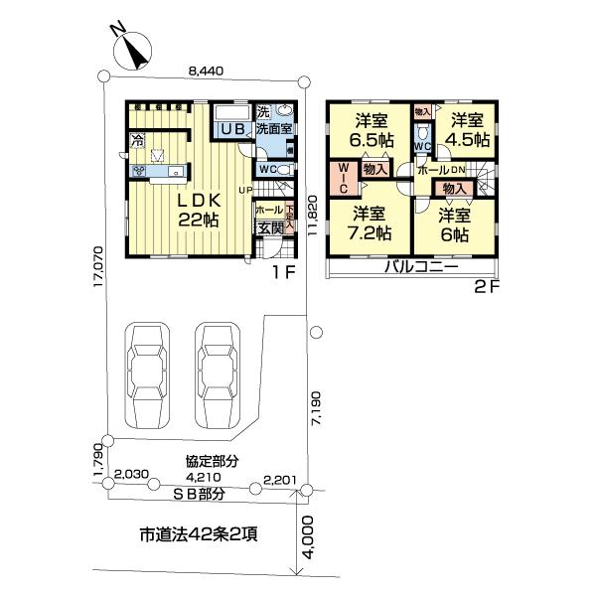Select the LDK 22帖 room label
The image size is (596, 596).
[198, 210]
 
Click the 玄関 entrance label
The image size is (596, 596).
[270, 228]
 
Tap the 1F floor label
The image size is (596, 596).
[283, 267]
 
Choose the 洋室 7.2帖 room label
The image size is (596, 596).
[370, 223]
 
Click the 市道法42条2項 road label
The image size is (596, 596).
[198, 535]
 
